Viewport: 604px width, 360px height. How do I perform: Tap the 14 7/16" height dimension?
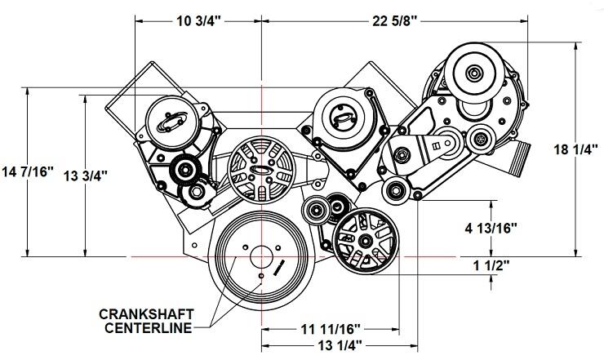coord(28,172)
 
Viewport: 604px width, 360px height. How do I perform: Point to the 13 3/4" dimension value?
coord(84,174)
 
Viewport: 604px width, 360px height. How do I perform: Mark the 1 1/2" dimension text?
coord(490,265)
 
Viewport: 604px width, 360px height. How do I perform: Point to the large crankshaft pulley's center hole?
coord(260,255)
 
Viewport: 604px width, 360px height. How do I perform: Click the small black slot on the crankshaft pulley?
coord(278,266)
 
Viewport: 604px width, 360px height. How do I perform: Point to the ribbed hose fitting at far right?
coord(522,157)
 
